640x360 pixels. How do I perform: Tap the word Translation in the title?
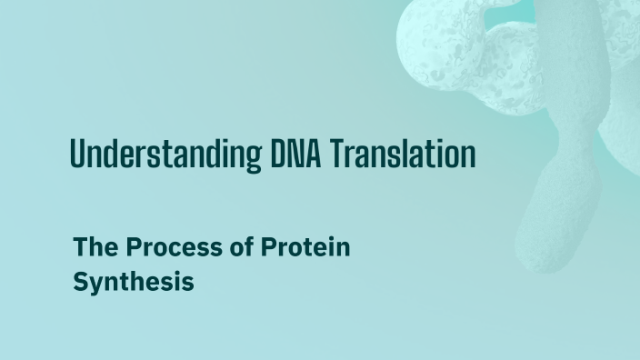tap(403, 155)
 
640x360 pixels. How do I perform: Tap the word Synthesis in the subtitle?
tap(134, 282)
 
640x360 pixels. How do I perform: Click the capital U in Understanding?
tap(78, 155)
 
